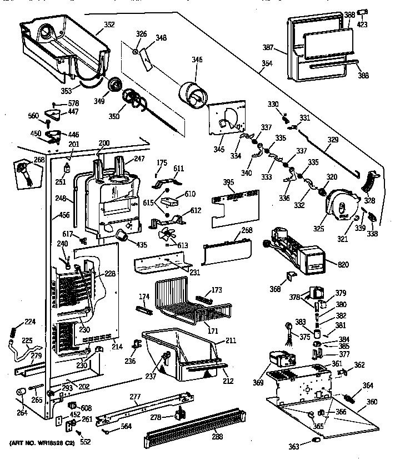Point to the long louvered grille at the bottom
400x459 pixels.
point(194,427)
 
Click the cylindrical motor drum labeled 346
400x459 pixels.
point(193,94)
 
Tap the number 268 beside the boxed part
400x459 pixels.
point(23,160)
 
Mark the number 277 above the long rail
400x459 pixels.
point(134,396)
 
